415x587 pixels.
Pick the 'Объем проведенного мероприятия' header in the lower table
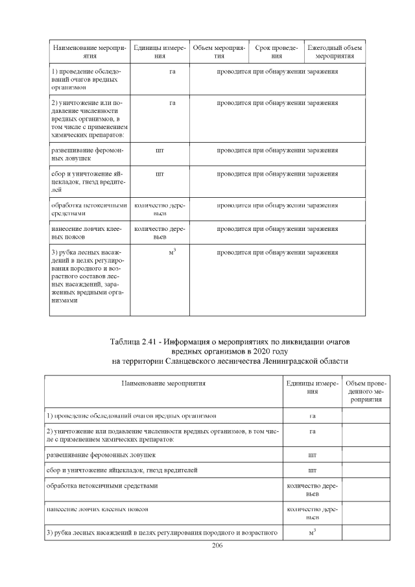pos(363,392)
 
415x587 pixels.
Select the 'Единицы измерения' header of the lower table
pos(313,387)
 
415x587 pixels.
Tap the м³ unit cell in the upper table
pos(172,252)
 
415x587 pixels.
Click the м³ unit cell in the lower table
pos(313,533)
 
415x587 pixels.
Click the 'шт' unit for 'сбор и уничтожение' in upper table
pos(160,174)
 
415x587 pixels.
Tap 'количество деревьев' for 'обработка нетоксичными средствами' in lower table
pos(313,489)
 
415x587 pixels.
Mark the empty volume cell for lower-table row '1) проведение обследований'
pos(363,415)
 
